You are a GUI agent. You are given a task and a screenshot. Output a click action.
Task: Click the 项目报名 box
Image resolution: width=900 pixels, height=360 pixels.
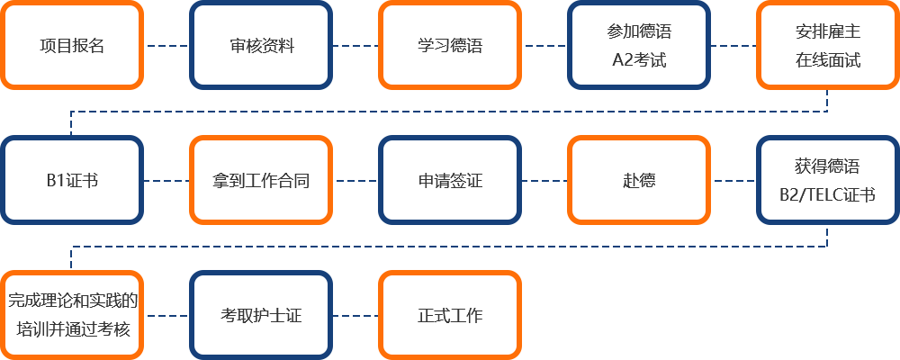tap(72, 45)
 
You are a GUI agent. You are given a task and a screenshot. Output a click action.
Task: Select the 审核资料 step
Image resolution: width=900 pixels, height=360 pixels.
tap(261, 45)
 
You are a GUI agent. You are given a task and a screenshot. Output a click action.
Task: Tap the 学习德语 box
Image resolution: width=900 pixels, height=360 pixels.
tap(450, 45)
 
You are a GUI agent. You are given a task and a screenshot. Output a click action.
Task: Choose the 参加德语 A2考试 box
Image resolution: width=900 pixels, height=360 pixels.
tap(639, 45)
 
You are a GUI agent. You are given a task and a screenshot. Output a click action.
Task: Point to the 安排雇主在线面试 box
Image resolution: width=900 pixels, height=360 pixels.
tap(828, 45)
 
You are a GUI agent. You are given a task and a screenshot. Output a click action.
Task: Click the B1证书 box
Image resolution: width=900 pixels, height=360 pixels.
tap(72, 180)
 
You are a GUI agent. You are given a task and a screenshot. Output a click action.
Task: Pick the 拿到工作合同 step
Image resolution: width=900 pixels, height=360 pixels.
tap(261, 180)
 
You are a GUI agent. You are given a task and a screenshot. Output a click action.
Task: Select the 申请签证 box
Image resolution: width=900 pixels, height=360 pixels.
tap(450, 180)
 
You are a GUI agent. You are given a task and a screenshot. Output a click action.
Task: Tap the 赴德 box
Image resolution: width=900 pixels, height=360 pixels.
tap(639, 180)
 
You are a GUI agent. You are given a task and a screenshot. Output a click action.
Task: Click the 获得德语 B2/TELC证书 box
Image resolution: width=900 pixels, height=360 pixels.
tap(828, 180)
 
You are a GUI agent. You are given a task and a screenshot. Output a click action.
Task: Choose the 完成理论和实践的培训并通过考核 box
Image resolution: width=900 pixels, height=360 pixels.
tap(72, 315)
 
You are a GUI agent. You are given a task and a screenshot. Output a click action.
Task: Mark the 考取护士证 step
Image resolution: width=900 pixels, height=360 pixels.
tap(261, 315)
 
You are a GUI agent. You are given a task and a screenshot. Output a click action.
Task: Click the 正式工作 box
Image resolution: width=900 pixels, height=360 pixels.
tap(450, 315)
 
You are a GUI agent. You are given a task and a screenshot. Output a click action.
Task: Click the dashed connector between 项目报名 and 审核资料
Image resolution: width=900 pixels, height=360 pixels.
tap(166, 45)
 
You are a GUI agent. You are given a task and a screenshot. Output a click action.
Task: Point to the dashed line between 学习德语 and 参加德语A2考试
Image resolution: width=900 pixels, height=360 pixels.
tap(544, 45)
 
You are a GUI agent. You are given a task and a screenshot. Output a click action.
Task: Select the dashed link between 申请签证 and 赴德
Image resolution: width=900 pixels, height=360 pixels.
tap(544, 181)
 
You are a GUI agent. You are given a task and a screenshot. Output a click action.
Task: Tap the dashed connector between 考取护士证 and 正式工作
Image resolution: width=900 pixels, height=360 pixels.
tap(355, 315)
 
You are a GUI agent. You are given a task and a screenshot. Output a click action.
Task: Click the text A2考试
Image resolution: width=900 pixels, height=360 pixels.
tap(639, 59)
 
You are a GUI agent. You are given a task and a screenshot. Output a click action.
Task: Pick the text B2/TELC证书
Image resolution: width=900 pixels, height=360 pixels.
tap(827, 194)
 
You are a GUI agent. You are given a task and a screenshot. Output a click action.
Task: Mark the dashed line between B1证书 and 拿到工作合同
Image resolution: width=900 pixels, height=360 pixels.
tap(166, 181)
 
